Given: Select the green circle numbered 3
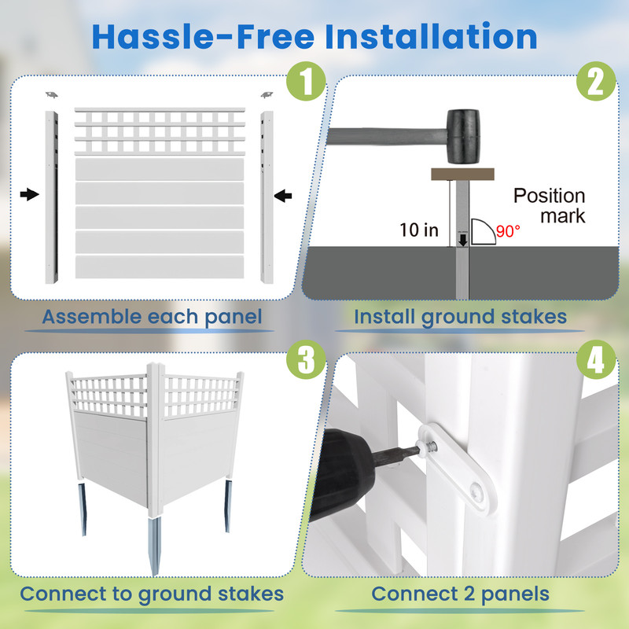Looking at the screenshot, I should point(304,361).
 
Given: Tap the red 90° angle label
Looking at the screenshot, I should point(509,232).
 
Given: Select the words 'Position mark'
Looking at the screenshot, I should point(550,205).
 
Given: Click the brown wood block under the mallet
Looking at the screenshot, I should point(462,174).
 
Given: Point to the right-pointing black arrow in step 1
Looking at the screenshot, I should point(29,195).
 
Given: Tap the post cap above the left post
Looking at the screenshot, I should point(51,95).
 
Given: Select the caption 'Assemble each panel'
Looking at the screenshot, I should point(152,318).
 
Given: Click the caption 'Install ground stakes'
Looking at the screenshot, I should point(460,318).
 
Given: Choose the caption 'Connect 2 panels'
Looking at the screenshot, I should point(460,594).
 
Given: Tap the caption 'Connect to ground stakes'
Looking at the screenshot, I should point(152,594).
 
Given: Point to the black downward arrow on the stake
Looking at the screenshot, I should point(463,237).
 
